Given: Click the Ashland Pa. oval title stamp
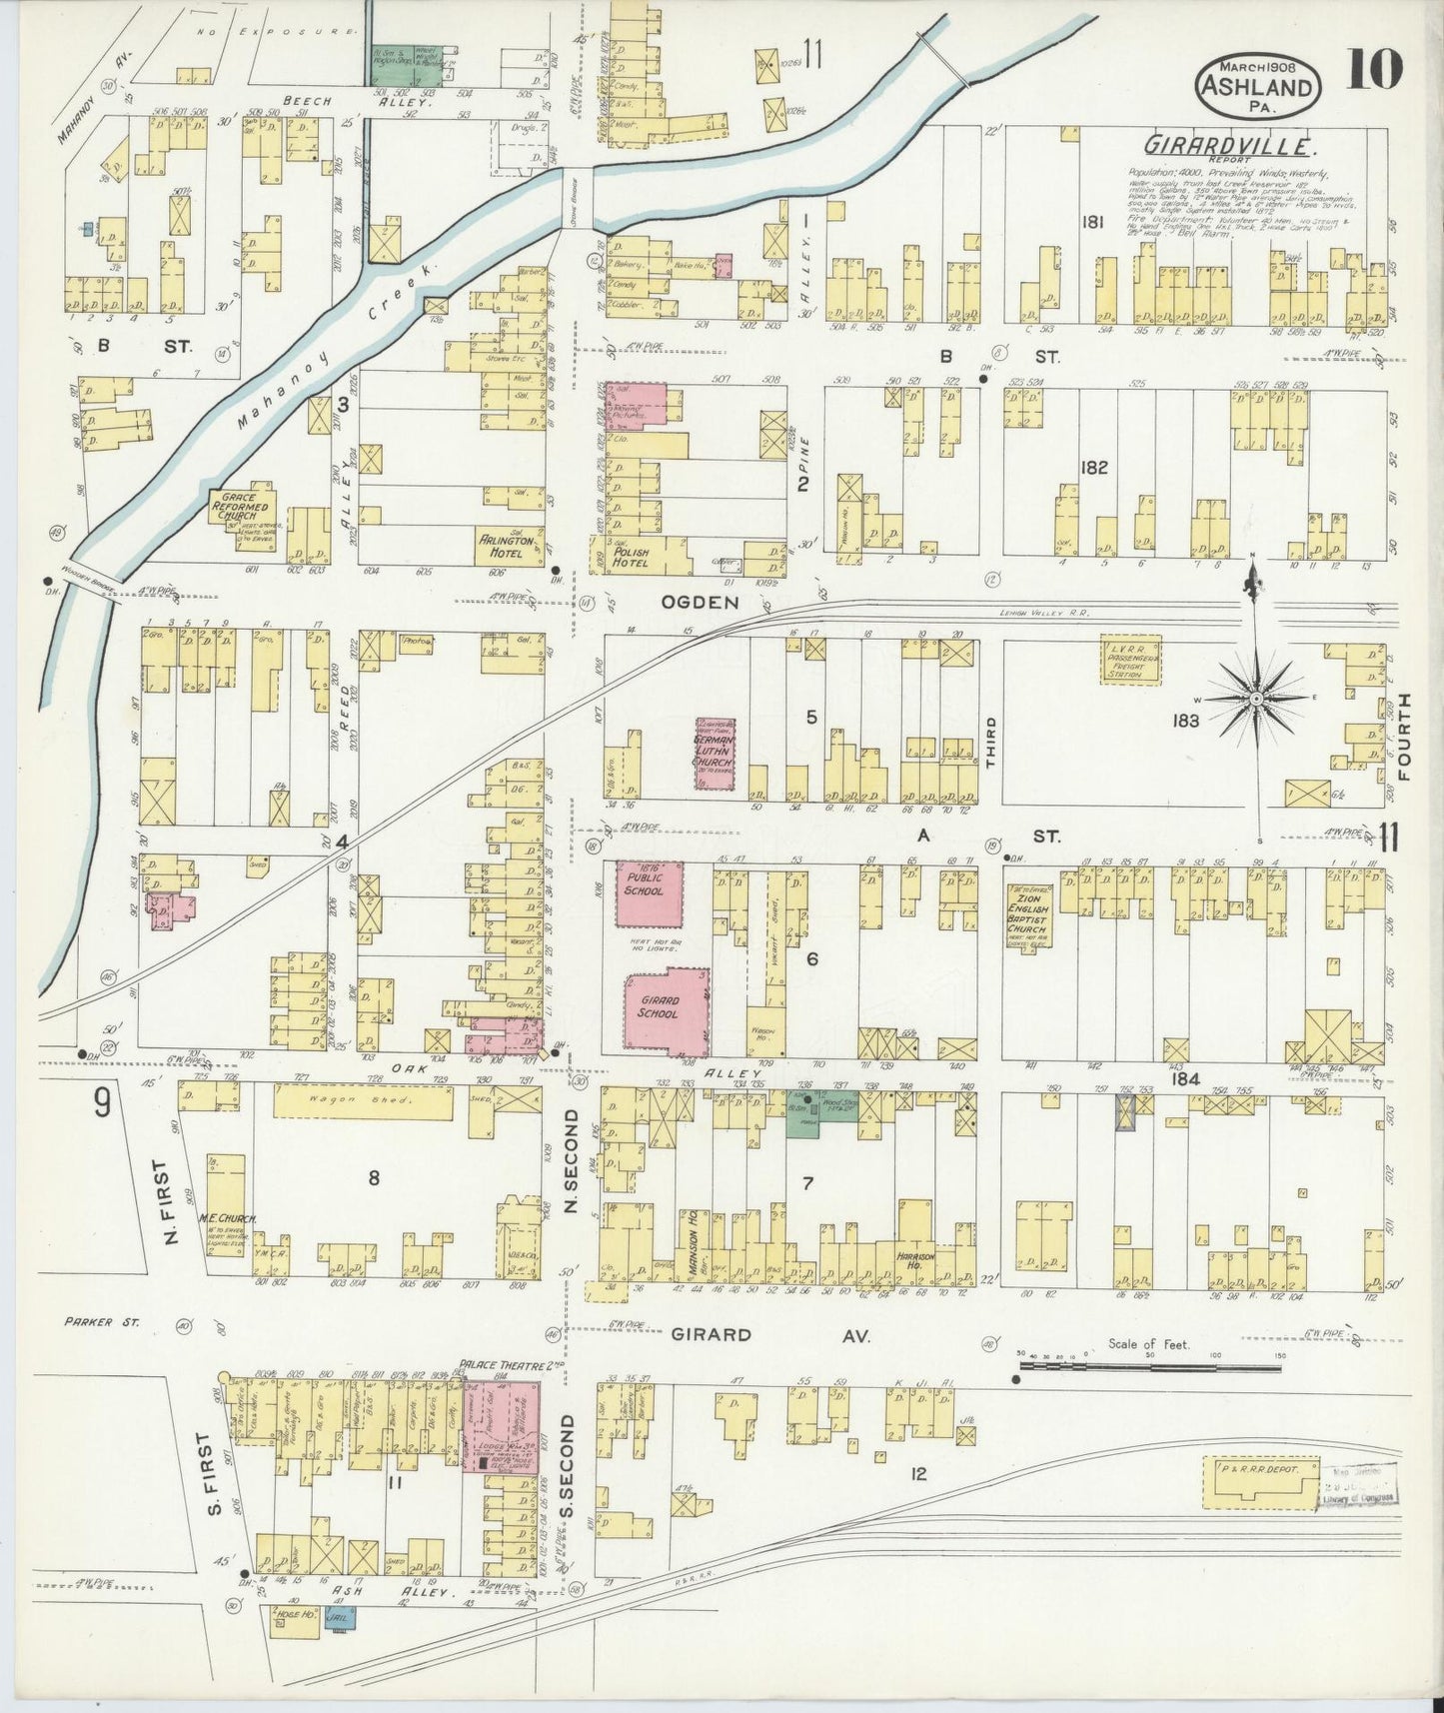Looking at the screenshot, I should (x=1258, y=81).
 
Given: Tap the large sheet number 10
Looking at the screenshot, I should (x=1374, y=71).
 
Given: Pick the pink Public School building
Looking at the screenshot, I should (x=649, y=892).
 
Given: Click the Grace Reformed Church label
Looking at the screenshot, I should (x=239, y=507).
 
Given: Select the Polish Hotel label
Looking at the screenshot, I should (x=632, y=557).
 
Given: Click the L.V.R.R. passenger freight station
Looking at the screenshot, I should (x=1133, y=660).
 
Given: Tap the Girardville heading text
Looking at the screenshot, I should (x=1228, y=146).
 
